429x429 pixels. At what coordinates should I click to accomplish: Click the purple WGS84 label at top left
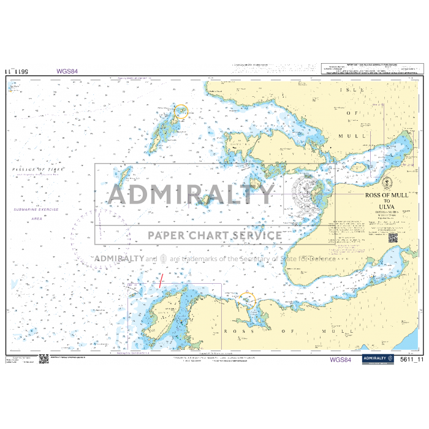[67, 71]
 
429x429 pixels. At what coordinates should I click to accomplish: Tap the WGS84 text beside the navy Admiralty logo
[341, 359]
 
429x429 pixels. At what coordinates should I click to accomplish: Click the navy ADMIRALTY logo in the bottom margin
[377, 359]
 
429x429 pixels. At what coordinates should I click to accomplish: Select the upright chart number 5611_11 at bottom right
[411, 360]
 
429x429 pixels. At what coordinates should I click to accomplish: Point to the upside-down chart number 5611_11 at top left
[17, 71]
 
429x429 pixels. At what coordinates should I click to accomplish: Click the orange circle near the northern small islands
[181, 112]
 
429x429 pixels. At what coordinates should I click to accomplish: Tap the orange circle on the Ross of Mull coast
[247, 300]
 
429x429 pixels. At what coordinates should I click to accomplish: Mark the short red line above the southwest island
[161, 283]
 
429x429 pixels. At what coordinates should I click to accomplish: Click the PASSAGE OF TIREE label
[38, 169]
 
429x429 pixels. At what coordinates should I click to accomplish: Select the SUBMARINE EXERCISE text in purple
[36, 210]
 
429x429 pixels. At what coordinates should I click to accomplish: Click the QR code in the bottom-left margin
[44, 359]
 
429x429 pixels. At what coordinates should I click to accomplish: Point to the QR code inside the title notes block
[392, 237]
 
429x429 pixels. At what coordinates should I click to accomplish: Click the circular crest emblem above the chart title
[388, 183]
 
